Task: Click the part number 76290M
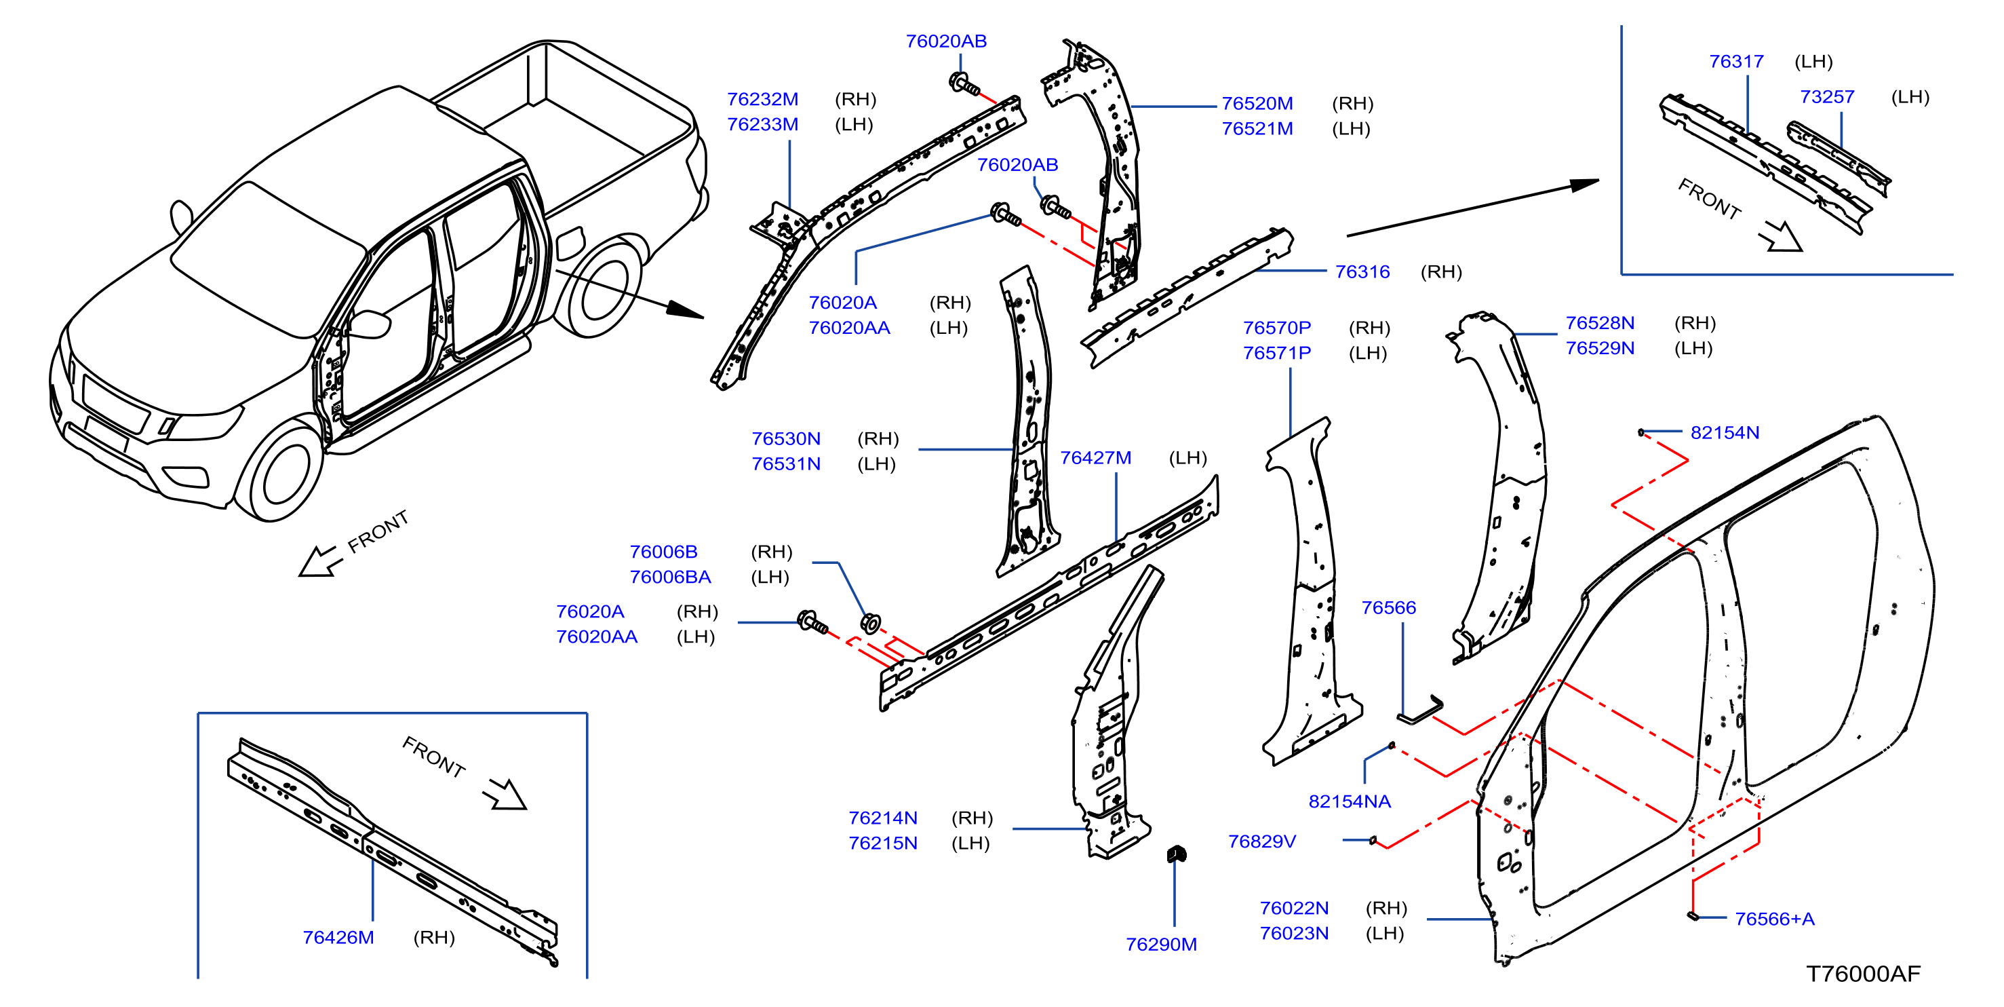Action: click(1161, 944)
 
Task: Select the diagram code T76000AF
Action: click(1862, 974)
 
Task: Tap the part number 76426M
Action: click(338, 937)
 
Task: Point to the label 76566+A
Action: click(1775, 918)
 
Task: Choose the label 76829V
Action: click(1262, 841)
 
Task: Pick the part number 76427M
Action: click(1095, 457)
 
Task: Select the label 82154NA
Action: click(1350, 801)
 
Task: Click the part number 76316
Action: click(1362, 271)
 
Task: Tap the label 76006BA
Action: click(670, 577)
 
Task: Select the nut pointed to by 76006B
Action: click(871, 624)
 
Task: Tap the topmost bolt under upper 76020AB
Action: click(964, 83)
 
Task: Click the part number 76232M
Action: click(762, 99)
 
